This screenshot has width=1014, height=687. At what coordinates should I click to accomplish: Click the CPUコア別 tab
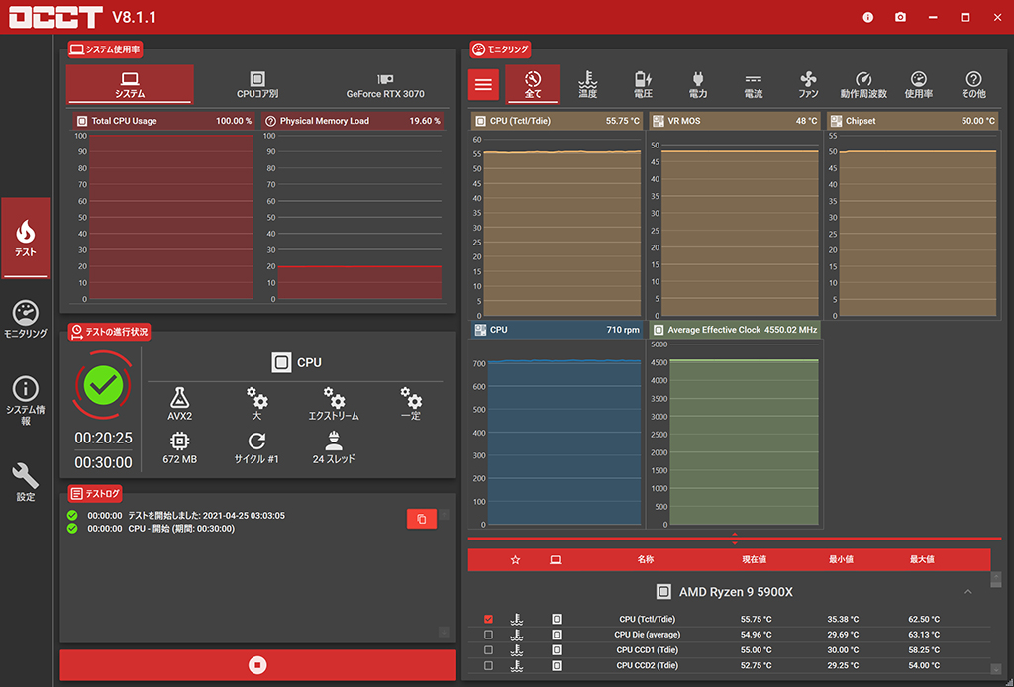coord(257,85)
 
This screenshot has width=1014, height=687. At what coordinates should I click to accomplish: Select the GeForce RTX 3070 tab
coord(385,85)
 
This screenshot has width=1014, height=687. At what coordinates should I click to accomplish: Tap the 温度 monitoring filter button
coord(587,85)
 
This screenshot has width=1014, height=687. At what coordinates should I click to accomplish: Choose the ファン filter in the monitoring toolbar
coord(808,85)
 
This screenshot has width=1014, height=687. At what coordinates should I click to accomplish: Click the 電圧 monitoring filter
coord(643,85)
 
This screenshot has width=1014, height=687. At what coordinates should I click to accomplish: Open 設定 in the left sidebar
coord(26,482)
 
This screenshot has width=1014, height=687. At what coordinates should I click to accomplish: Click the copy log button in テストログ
coord(421,519)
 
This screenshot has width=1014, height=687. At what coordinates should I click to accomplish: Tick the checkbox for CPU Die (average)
coord(488,635)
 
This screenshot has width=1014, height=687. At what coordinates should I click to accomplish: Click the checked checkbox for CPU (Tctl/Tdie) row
coord(488,619)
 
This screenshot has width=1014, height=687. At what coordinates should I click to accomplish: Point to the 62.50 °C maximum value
coord(924,619)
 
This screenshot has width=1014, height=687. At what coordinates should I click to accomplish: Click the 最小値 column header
coord(841,559)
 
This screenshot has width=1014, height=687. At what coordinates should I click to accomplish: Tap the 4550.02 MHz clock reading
coord(791,330)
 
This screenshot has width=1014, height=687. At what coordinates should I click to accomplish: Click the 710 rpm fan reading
coord(623,330)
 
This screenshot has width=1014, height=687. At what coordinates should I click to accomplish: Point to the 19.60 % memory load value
coord(425,121)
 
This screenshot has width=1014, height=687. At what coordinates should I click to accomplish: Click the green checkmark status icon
coord(103,384)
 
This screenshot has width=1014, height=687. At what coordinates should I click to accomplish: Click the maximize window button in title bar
coord(965,17)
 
